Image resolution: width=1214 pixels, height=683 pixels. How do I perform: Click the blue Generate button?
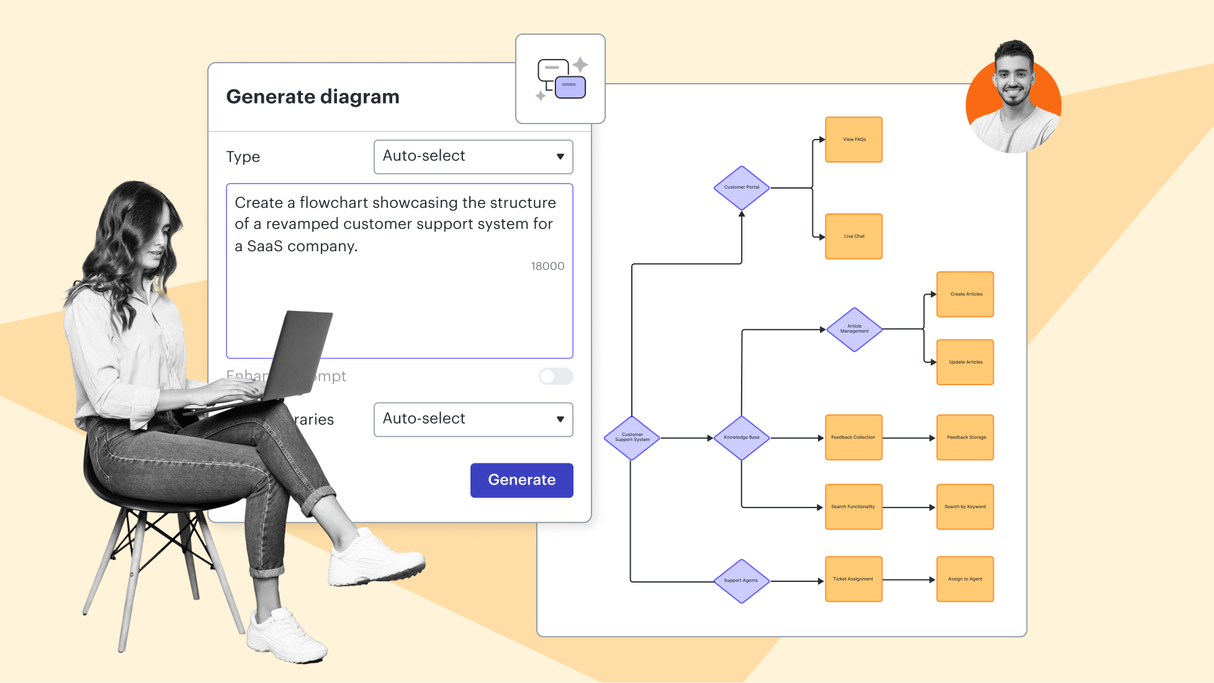[x=521, y=480]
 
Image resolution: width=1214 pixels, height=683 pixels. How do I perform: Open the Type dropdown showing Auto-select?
[x=473, y=156]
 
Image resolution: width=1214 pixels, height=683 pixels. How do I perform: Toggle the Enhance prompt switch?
[x=555, y=376]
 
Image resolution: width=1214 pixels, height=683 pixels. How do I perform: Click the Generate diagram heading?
[x=313, y=97]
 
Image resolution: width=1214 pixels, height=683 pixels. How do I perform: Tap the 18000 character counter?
[x=547, y=266]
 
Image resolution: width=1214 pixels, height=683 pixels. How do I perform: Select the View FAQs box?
[x=853, y=140]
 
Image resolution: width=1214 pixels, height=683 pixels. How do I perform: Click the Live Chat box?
[x=853, y=236]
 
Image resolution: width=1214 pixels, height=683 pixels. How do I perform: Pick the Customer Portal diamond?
[x=742, y=187]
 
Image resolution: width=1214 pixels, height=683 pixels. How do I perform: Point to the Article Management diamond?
[x=854, y=329]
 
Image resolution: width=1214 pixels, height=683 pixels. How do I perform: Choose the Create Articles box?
[x=965, y=294]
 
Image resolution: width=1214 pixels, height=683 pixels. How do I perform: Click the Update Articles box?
[x=965, y=362]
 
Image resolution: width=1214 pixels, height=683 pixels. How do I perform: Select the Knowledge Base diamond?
[x=742, y=437]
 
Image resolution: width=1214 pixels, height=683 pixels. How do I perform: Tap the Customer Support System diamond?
[x=632, y=437]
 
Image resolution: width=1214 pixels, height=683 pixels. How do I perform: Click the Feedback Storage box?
[x=965, y=437]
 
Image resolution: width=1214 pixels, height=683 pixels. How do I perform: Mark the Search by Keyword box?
[x=965, y=507]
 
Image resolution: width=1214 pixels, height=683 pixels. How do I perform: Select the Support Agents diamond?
[x=741, y=581]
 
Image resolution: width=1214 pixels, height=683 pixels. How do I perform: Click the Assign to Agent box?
[x=965, y=579]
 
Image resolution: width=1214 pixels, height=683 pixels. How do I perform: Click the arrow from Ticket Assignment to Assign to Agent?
[x=909, y=579]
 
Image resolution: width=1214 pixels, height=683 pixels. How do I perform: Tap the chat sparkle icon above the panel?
[x=560, y=79]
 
